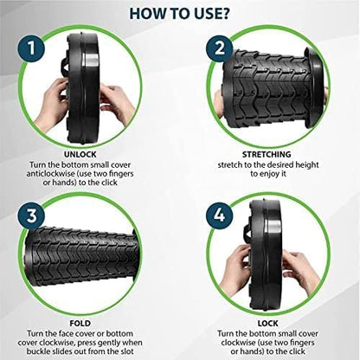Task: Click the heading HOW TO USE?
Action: coord(180,13)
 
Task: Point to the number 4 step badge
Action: coord(221,214)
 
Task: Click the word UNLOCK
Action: coord(91,151)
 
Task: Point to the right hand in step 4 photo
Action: coord(299,268)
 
